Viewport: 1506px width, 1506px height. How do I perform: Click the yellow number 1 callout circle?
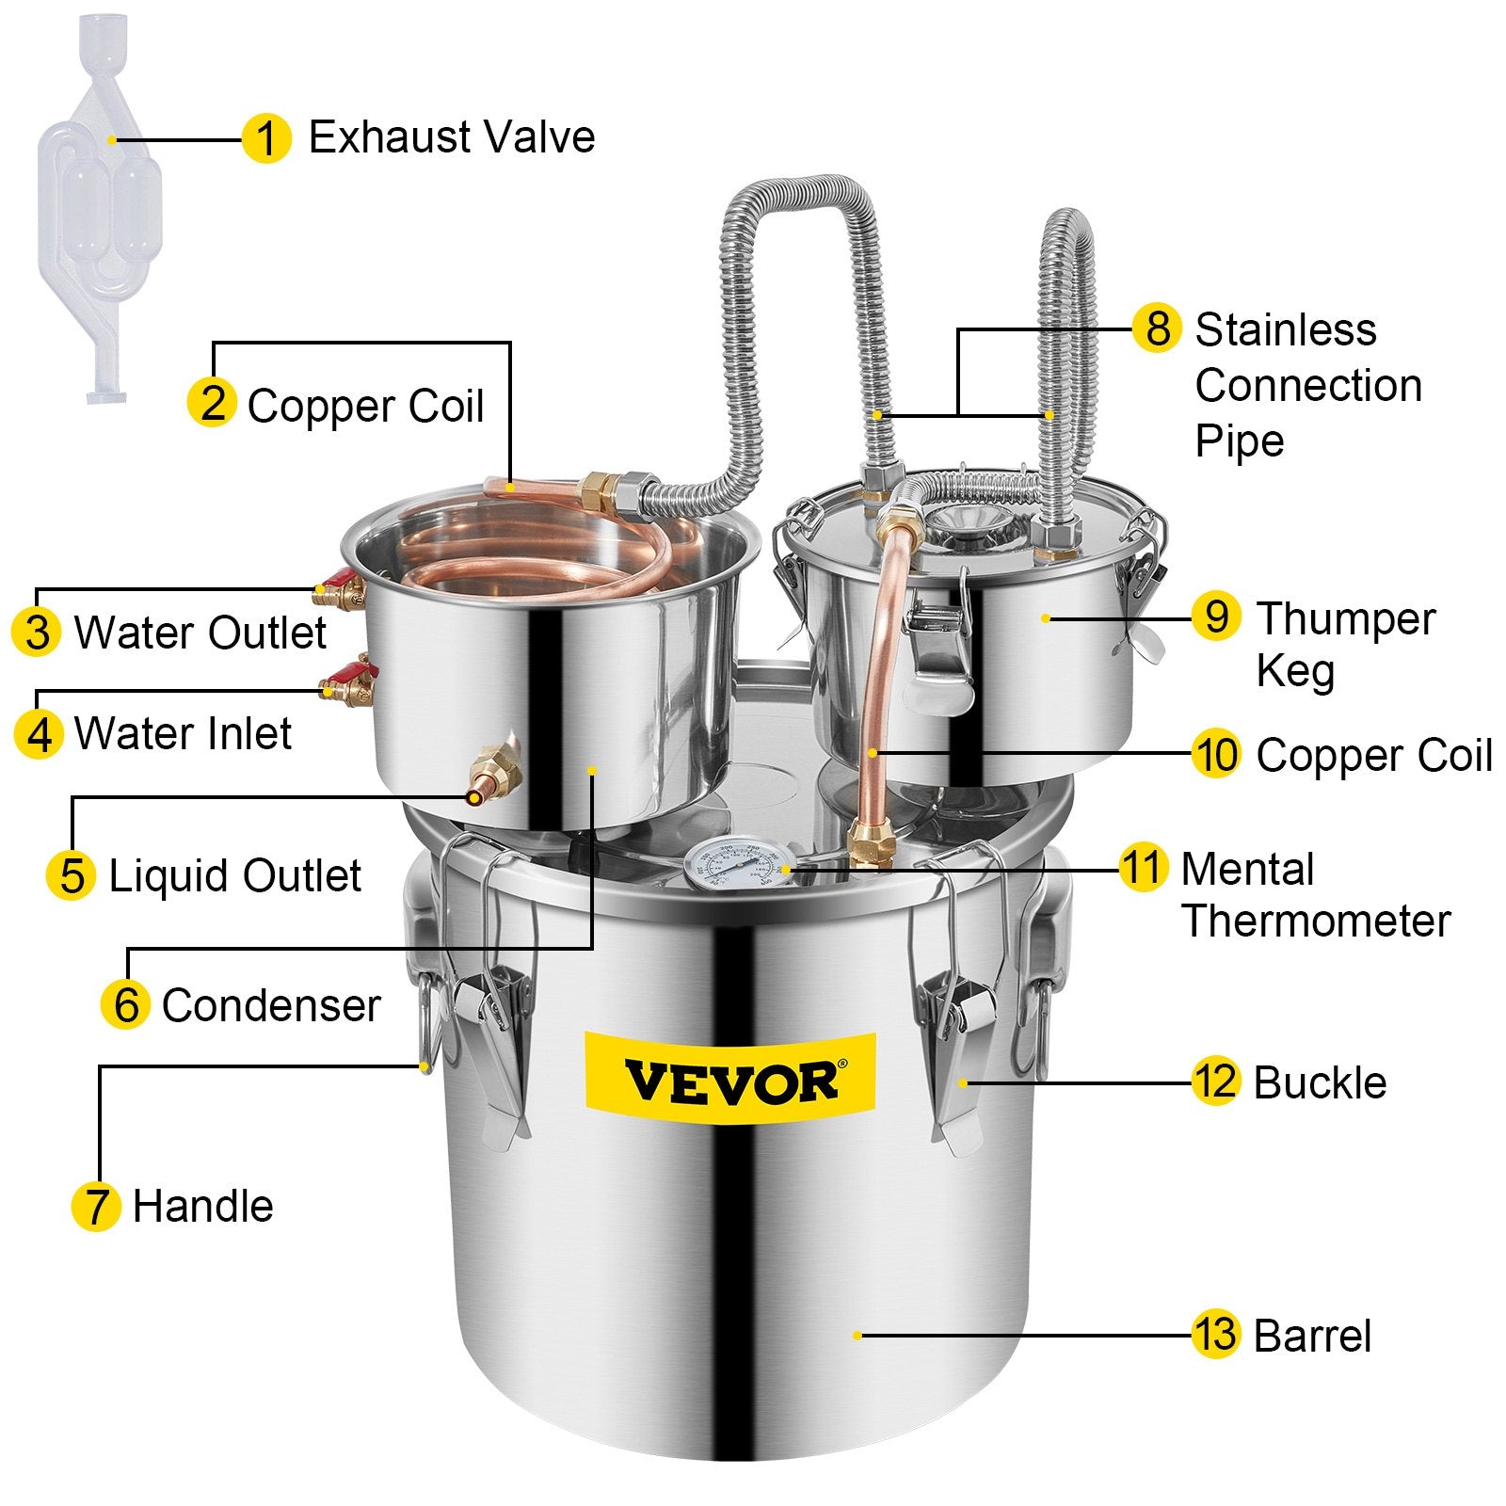[266, 139]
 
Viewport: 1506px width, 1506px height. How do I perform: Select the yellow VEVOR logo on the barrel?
[730, 1079]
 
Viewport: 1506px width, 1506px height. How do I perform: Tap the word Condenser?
[271, 1005]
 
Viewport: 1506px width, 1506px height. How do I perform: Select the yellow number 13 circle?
[1215, 1334]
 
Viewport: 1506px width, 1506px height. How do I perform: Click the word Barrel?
[1312, 1336]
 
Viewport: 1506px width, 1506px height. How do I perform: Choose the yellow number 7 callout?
[96, 1206]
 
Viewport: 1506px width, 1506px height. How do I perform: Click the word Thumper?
[1346, 619]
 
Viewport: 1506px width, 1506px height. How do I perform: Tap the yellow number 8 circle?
[1157, 328]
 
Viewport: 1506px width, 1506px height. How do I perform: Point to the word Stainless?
[1285, 330]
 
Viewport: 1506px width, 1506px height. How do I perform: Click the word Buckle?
[1320, 1082]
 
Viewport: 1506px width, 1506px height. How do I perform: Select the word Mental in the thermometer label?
[1247, 869]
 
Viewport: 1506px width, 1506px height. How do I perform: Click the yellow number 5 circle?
[72, 875]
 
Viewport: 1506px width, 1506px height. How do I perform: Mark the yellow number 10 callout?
[1215, 754]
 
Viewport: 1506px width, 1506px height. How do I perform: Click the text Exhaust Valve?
[452, 137]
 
